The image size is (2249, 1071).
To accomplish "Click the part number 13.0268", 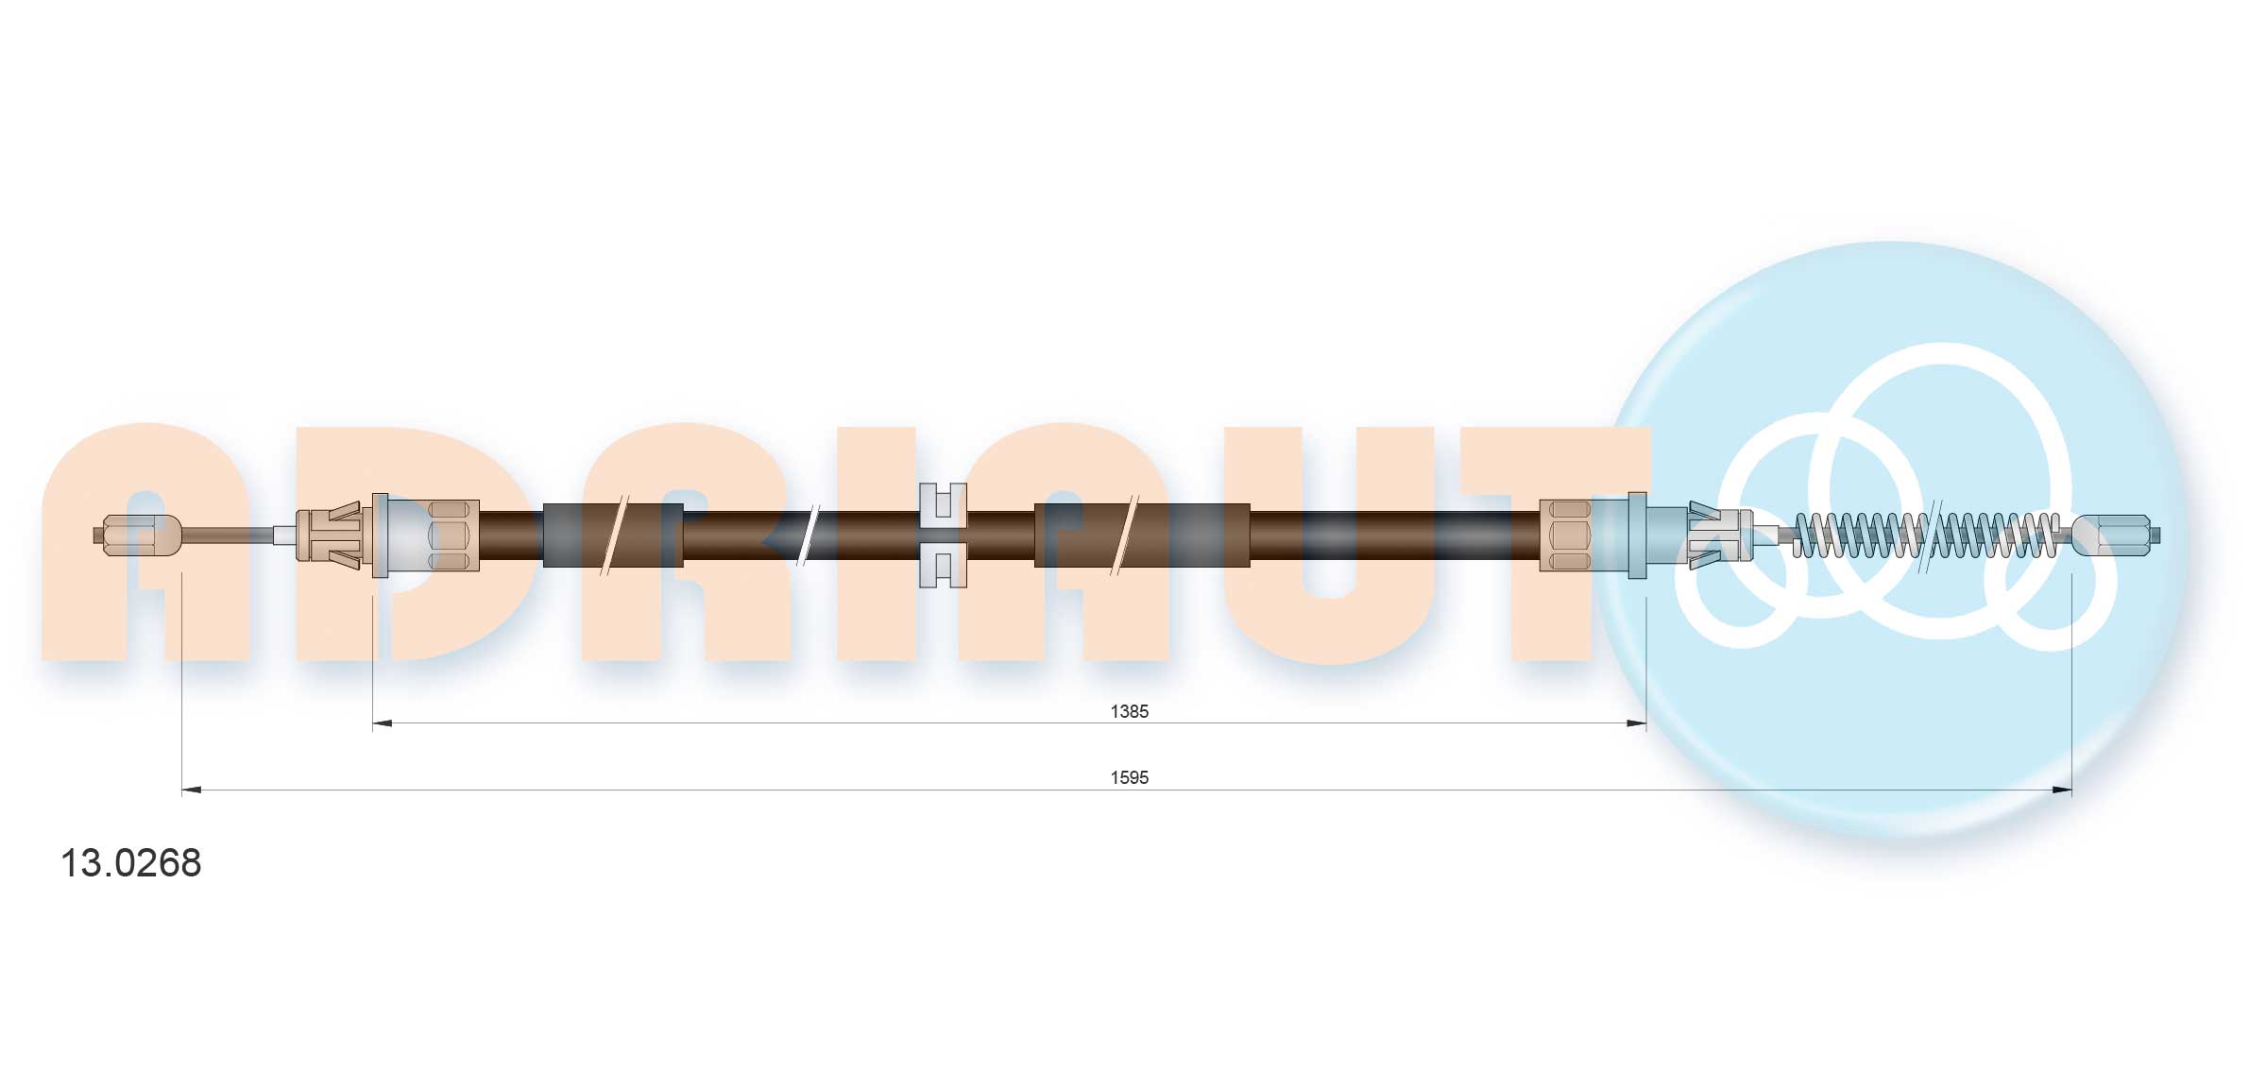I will tap(130, 863).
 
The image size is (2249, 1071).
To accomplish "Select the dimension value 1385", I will tap(1129, 711).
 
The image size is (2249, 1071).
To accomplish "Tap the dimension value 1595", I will tap(1129, 777).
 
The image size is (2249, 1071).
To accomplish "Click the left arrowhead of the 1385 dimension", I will tap(382, 723).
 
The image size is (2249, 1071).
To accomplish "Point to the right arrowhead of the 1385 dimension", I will tap(1637, 723).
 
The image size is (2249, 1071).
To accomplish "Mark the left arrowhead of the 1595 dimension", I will tap(191, 790).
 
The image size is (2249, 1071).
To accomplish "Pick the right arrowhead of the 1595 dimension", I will tap(2062, 790).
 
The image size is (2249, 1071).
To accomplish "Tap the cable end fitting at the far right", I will tap(2114, 535).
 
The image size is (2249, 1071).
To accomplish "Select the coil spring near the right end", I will tap(1927, 535).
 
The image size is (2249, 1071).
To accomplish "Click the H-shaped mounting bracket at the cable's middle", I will tap(943, 535).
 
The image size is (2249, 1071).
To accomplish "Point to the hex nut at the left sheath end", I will tap(450, 535).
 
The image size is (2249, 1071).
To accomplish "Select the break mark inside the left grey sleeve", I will tap(614, 535).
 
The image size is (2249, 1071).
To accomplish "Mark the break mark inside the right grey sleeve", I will tap(1126, 535).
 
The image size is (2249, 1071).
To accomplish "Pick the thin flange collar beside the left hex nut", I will tap(380, 535).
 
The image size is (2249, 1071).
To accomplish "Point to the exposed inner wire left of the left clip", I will tap(227, 535).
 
